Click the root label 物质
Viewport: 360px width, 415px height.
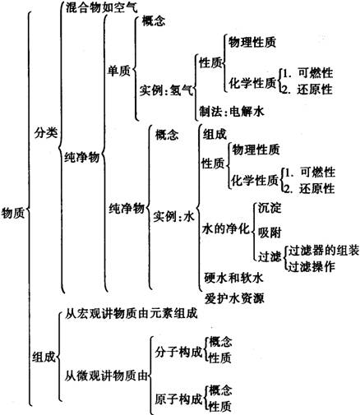pos(13,213)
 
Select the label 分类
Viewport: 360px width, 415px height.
pos(46,133)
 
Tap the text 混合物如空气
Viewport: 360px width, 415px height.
pos(101,7)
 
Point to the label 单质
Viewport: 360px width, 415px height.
pos(119,71)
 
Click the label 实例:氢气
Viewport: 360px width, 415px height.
pos(166,90)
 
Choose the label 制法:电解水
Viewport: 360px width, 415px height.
pos(232,112)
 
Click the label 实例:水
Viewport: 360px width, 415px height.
pos(173,216)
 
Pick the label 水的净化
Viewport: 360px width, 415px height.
pos(226,228)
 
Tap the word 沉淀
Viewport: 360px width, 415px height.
pos(270,208)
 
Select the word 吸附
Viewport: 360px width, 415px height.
pos(270,233)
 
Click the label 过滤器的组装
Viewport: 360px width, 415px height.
pos(323,250)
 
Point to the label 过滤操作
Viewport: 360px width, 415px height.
pos(312,266)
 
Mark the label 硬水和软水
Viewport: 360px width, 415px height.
pos(233,278)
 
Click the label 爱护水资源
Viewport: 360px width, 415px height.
pos(234,298)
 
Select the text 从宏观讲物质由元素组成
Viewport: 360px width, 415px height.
pos(131,313)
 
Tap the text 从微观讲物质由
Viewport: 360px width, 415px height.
pos(106,376)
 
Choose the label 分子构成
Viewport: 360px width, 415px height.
pos(178,352)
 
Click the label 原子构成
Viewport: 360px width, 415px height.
pos(178,399)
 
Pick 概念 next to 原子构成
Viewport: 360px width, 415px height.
pos(220,390)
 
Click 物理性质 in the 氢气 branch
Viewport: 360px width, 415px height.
pos(252,42)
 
